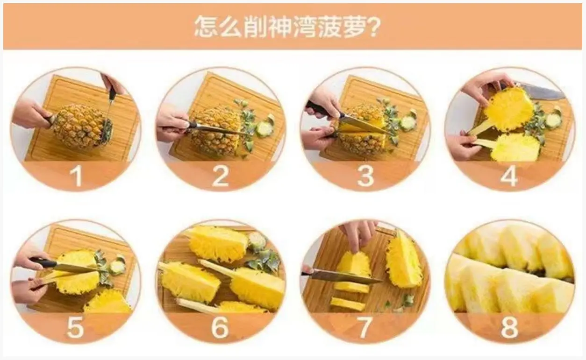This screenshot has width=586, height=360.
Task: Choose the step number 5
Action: (x=75, y=328)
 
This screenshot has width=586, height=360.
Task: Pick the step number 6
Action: (x=220, y=328)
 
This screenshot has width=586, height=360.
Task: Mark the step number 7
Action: (x=365, y=328)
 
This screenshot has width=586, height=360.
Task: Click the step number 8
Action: (x=509, y=328)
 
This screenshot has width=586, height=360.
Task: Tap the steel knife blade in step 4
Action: (x=539, y=92)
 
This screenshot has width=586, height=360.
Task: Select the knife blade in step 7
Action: (x=348, y=276)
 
